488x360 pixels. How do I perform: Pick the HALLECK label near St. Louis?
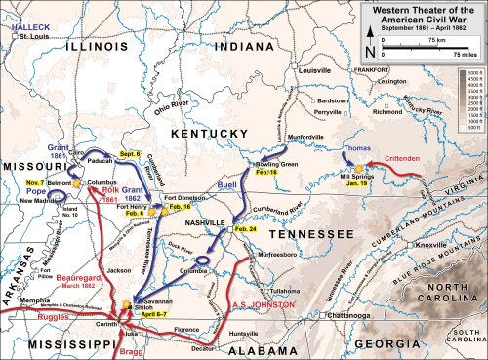28,10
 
